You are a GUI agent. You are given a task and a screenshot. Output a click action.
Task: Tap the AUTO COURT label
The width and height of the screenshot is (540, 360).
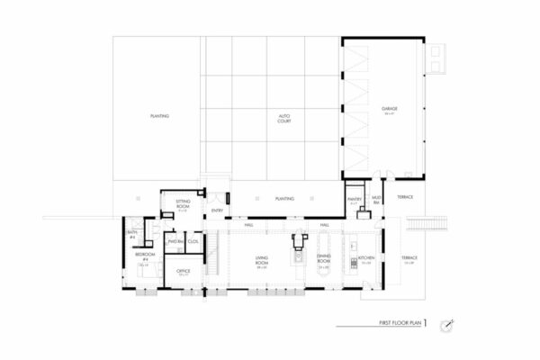283,117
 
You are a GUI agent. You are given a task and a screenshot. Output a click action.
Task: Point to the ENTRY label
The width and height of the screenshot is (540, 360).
217,211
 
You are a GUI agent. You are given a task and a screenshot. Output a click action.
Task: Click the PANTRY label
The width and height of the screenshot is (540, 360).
353,201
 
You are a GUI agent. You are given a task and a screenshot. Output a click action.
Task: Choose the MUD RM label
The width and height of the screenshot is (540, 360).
376,197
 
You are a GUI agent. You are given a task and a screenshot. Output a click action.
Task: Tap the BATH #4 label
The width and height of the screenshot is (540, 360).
132,234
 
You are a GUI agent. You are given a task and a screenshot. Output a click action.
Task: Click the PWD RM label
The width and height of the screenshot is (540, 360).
175,241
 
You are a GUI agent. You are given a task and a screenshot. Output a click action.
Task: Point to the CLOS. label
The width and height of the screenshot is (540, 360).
193,241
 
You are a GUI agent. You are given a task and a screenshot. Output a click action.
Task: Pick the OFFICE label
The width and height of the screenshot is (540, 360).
183,271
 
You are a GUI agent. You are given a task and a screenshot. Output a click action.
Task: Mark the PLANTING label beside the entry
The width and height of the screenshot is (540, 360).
284,198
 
